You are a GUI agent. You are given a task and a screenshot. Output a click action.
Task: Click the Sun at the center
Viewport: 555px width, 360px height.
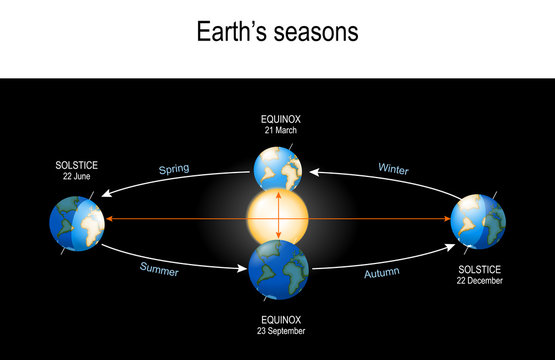tap(277, 217)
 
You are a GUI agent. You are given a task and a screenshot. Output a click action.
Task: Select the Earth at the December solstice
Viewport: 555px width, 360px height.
tap(478, 221)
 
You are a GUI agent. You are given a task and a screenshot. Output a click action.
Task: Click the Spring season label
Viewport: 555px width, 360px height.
tap(174, 170)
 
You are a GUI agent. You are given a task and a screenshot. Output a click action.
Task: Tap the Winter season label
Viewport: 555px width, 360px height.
tap(393, 169)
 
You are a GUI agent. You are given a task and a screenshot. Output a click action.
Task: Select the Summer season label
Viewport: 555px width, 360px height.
tap(161, 268)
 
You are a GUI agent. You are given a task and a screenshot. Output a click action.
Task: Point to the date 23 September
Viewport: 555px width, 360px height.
tap(278, 329)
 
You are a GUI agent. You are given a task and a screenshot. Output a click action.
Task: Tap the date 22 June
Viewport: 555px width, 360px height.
tap(76, 176)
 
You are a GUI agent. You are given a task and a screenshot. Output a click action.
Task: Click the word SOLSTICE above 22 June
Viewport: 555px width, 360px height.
tap(76, 165)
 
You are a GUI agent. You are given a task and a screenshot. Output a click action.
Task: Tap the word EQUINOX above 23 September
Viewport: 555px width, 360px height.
tap(278, 317)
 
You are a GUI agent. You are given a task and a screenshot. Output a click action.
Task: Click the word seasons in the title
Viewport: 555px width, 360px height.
tap(318, 33)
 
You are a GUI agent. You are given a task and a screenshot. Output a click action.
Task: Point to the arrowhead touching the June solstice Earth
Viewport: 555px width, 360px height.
tap(108, 218)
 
